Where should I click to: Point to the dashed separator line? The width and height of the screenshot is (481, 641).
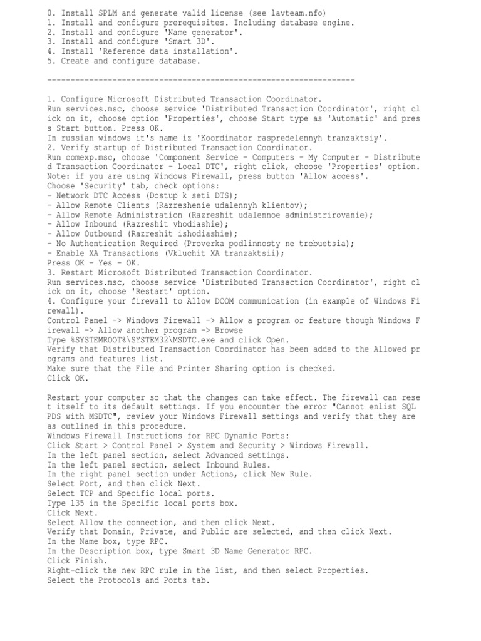point(200,80)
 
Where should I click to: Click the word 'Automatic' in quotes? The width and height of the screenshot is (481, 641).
point(354,118)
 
